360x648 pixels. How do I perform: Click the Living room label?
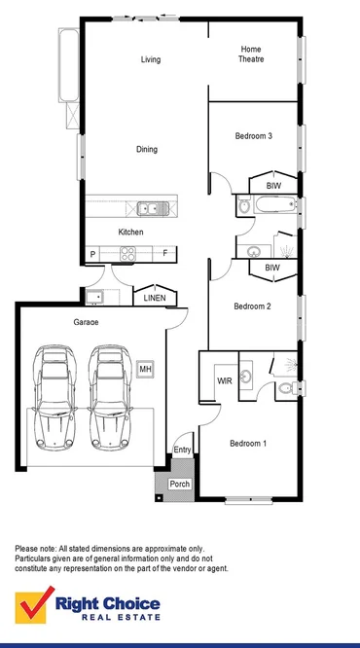pyautogui.click(x=150, y=60)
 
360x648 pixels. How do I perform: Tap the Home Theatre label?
pyautogui.click(x=252, y=54)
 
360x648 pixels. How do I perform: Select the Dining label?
pyautogui.click(x=146, y=150)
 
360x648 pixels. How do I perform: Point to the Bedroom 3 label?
pyautogui.click(x=253, y=136)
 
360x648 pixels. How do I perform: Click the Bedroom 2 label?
pyautogui.click(x=252, y=306)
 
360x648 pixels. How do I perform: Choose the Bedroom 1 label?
pyautogui.click(x=248, y=444)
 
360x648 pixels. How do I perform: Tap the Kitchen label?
pyautogui.click(x=130, y=233)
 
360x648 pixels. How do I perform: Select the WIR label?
pyautogui.click(x=223, y=379)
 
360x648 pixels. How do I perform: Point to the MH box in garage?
pyautogui.click(x=145, y=370)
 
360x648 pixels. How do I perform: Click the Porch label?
pyautogui.click(x=180, y=484)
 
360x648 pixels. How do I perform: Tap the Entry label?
pyautogui.click(x=183, y=450)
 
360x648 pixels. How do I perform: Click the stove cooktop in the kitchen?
pyautogui.click(x=127, y=254)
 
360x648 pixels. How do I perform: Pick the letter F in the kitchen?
pyautogui.click(x=165, y=254)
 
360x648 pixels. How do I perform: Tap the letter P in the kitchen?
pyautogui.click(x=92, y=255)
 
